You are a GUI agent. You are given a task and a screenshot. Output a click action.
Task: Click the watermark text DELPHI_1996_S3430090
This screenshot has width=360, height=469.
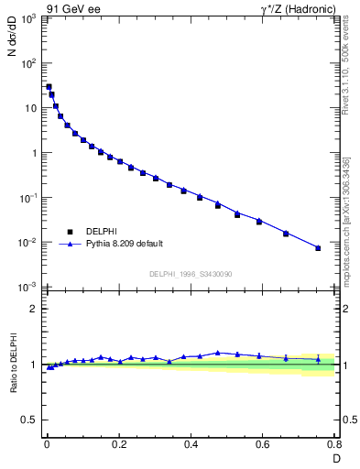pos(191,274)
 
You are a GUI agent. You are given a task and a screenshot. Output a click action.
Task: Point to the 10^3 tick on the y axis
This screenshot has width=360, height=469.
pos(27,19)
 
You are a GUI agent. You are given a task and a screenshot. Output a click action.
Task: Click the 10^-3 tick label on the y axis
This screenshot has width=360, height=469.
pos(27,288)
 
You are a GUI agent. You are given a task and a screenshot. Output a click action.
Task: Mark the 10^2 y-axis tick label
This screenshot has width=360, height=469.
pos(27,64)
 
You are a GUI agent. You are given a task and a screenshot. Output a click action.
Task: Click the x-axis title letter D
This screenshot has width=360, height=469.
pos(335,458)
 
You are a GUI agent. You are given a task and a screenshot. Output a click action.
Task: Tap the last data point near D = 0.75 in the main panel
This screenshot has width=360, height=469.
pos(318,248)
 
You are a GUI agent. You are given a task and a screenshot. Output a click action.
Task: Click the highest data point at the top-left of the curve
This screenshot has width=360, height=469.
pos(49,87)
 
